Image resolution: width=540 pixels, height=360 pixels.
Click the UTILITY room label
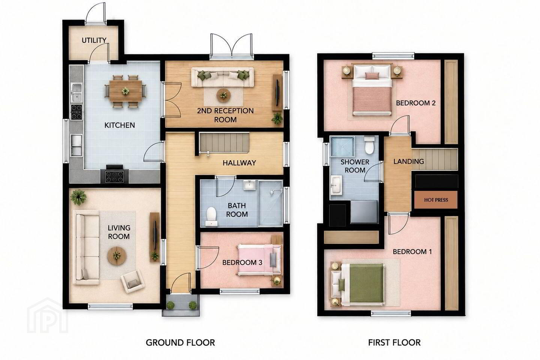tap(94, 40)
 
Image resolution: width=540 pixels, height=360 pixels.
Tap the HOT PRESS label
tap(436, 200)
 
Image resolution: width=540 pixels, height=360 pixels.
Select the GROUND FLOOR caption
tap(180, 343)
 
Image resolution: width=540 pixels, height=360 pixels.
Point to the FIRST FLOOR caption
tap(394, 343)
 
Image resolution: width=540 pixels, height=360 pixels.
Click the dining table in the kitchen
tap(126, 91)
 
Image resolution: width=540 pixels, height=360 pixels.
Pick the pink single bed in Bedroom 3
tap(259, 260)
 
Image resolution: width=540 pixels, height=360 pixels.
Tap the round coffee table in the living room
tap(117, 256)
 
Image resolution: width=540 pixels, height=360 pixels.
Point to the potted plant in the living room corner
tap(78, 197)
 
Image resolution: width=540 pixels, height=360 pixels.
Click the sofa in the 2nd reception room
tap(222, 77)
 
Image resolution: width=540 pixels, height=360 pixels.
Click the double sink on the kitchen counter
tap(77, 92)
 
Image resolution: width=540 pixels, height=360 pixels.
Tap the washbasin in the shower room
tap(336, 185)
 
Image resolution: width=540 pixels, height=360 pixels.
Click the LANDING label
tap(409, 161)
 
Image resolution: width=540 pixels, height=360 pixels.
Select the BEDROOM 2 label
tap(416, 103)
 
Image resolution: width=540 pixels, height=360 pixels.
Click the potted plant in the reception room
tap(277, 118)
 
